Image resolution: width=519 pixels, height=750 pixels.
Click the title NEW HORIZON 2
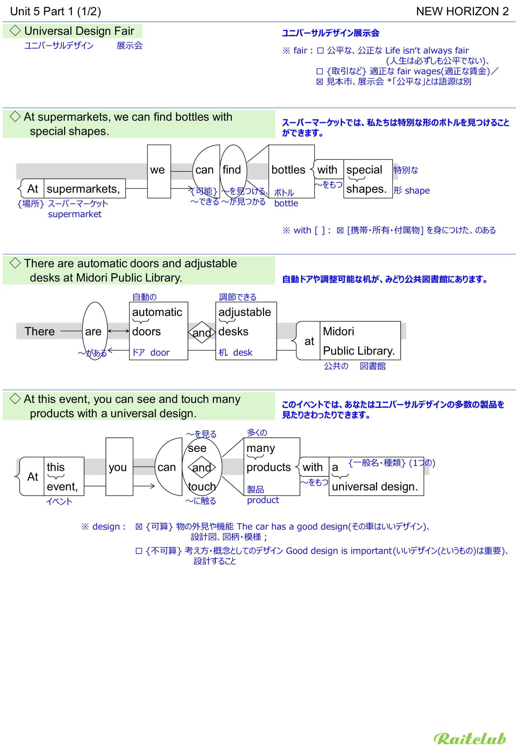pos(462,11)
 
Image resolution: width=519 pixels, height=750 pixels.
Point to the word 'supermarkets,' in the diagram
pos(83,189)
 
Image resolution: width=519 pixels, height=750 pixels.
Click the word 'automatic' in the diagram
pos(157,312)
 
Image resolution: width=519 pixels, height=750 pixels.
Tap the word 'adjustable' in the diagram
pos(245,312)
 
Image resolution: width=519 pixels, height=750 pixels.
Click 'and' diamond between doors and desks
pos(202,333)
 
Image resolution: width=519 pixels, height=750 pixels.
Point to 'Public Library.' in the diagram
pos(359,351)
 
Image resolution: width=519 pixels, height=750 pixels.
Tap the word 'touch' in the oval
pos(202,487)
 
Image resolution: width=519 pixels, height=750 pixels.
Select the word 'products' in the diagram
pos(269,467)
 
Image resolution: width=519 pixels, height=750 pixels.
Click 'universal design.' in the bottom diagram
pos(375,487)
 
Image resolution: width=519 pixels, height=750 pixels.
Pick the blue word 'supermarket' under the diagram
pos(75,214)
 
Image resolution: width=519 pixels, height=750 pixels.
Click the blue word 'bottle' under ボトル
pos(286,204)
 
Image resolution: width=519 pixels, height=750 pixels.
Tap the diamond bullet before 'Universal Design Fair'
pos(15,31)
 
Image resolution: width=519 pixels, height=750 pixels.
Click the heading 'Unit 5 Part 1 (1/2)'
pos(56,11)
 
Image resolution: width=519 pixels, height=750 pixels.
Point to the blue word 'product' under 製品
pos(263,500)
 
